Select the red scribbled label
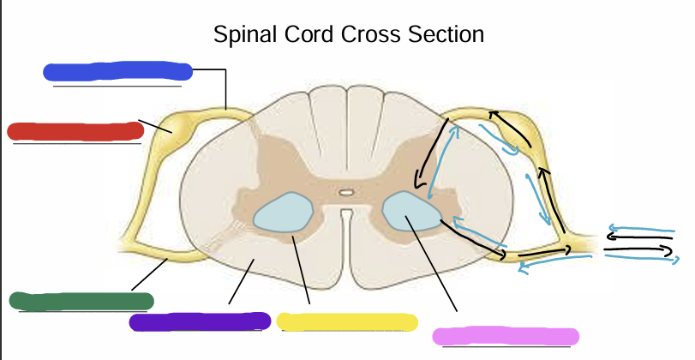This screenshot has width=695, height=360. click(x=75, y=131)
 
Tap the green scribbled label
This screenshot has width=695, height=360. click(x=81, y=301)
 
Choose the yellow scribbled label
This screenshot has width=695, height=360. click(x=346, y=321)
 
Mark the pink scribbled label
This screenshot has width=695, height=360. click(x=506, y=336)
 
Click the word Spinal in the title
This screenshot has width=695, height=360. click(x=249, y=35)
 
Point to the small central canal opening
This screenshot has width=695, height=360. click(x=346, y=194)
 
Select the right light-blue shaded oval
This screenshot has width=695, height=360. click(x=409, y=213)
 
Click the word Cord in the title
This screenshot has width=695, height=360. click(x=325, y=35)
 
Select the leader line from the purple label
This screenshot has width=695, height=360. click(x=240, y=283)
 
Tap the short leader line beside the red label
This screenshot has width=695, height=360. click(x=155, y=126)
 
